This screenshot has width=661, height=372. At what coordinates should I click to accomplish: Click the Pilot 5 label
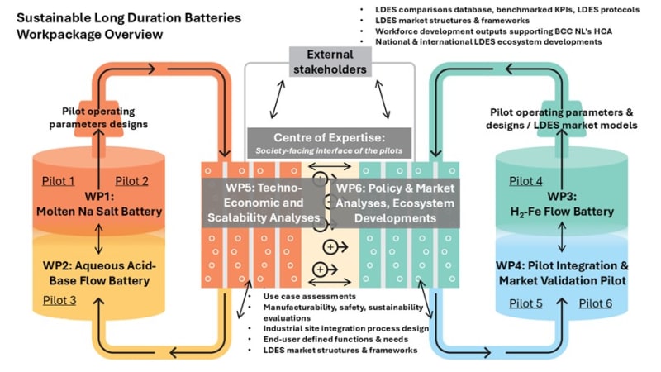click(526, 303)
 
